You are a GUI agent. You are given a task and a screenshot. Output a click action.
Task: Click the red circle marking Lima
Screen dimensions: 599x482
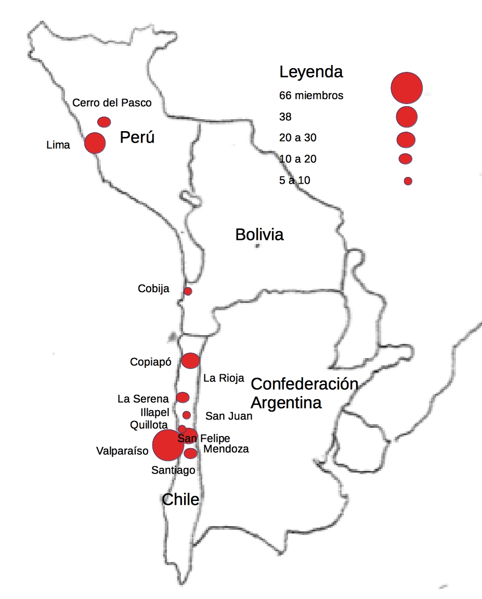(95, 143)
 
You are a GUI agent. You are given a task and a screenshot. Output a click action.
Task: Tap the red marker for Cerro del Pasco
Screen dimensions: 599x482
(104, 122)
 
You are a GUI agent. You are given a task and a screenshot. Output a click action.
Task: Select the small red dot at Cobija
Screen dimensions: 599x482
(188, 291)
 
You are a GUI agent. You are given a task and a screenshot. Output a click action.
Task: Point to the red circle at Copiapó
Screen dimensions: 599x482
(190, 360)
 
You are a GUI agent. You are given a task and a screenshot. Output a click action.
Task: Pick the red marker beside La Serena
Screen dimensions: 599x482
(183, 398)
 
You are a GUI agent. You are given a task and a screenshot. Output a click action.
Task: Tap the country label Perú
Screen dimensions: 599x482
(137, 138)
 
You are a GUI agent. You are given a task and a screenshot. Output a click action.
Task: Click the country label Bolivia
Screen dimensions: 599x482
(259, 235)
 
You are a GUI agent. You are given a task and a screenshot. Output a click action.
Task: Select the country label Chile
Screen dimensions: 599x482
(180, 500)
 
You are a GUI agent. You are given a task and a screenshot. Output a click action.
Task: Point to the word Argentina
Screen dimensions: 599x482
(286, 402)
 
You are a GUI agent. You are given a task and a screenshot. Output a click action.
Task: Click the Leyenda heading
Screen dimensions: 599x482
(311, 72)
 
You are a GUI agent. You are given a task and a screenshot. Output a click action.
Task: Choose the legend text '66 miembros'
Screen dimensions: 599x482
(311, 96)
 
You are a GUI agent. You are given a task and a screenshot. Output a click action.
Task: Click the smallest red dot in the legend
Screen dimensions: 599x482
(408, 181)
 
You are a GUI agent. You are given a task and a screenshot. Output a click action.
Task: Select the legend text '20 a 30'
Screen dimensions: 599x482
(297, 138)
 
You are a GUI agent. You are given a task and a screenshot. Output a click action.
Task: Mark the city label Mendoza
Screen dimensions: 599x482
(226, 449)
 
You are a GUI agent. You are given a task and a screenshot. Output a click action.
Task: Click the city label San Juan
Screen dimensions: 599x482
(229, 416)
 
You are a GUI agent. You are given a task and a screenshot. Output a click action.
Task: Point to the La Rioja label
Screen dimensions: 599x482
(224, 378)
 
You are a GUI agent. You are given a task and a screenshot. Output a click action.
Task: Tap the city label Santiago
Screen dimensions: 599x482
(173, 470)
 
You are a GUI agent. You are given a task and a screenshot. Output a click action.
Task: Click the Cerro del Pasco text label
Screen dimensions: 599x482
(112, 103)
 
